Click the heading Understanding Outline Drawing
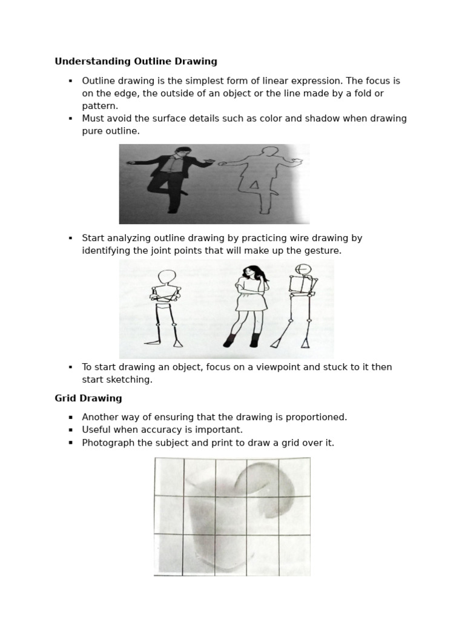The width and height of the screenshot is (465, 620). [136, 61]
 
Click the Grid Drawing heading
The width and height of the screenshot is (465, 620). [88, 398]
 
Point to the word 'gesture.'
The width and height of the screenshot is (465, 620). [323, 251]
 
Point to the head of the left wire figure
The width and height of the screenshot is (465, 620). [167, 278]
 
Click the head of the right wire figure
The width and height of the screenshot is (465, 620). [303, 269]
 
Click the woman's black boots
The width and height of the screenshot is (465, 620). [242, 340]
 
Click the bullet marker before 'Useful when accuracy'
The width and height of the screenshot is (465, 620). [71, 430]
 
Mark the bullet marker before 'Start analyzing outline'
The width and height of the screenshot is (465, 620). [71, 238]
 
